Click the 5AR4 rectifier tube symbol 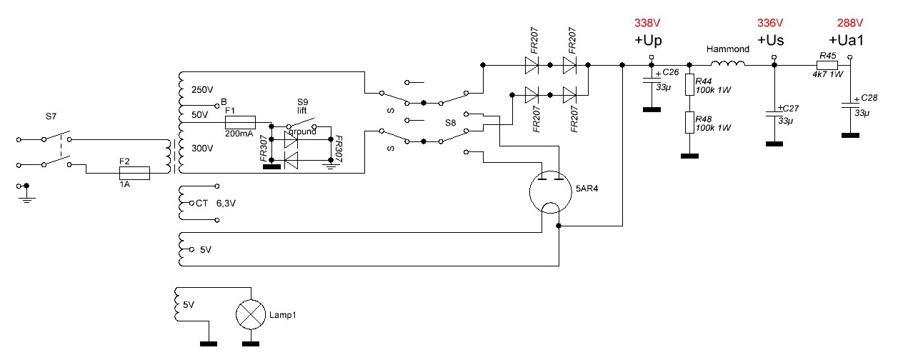551,191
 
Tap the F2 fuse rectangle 133,173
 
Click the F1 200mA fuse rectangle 240,122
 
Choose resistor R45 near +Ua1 827,64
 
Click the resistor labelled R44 689,86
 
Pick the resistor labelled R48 689,122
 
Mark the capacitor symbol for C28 849,104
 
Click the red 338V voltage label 648,23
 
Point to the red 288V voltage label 850,23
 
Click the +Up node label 649,41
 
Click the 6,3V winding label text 226,204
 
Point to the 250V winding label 203,90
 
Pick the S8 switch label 450,123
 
